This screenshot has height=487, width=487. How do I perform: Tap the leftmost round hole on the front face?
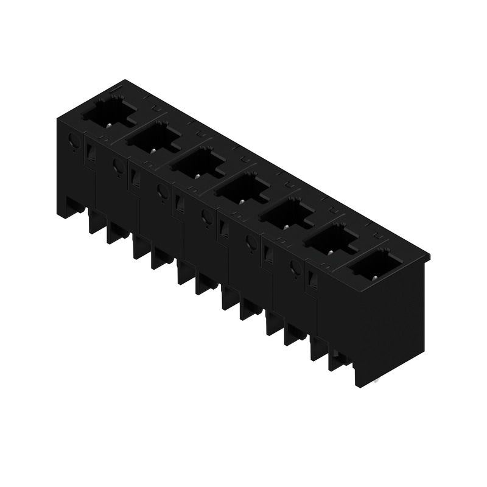point(74,141)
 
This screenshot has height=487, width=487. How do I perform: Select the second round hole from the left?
point(117,166)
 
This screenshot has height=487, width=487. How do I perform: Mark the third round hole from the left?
point(162,191)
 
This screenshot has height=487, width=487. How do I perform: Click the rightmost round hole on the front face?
point(295,268)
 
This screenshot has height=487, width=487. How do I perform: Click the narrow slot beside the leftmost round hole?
point(91,152)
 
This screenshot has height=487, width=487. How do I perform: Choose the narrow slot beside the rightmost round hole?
point(313,280)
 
